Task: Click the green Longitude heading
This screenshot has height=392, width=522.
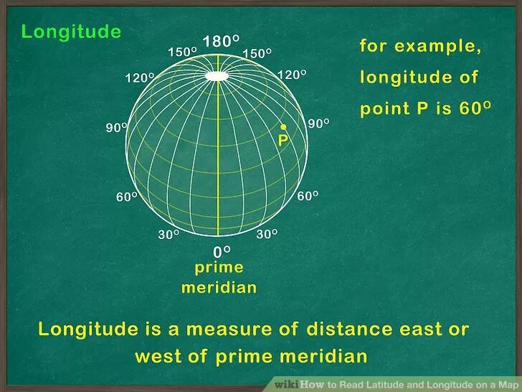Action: (71, 32)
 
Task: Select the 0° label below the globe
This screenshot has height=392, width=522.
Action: (222, 251)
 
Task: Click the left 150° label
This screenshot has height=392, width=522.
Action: (182, 52)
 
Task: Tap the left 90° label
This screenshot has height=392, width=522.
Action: (117, 128)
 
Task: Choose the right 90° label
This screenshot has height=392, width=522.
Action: (318, 123)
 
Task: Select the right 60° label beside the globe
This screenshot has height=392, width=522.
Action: (308, 195)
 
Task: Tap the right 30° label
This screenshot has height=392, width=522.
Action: (267, 234)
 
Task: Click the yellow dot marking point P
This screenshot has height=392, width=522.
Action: (283, 126)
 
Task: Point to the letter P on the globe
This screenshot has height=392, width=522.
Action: (283, 141)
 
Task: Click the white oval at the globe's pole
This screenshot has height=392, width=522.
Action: (218, 75)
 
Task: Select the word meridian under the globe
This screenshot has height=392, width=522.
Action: (219, 288)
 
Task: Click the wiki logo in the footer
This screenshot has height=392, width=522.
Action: (286, 384)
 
